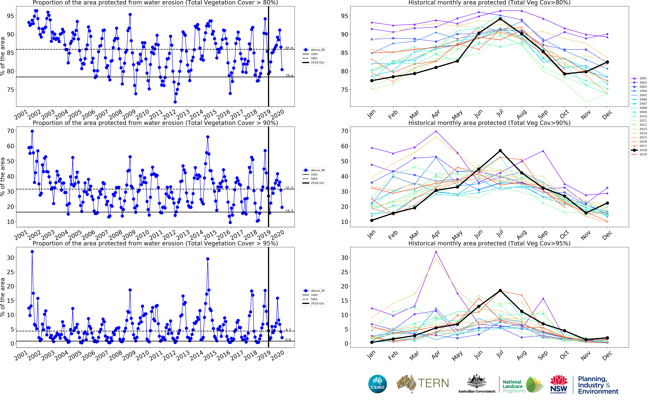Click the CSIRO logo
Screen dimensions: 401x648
point(377,384)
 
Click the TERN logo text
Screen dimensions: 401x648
point(433,383)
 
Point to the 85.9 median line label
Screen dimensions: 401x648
point(289,48)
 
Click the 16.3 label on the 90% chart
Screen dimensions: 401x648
point(289,211)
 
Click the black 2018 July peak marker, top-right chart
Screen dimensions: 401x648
point(500,19)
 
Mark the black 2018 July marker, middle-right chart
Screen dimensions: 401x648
point(500,151)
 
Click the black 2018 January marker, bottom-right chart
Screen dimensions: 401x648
point(372,342)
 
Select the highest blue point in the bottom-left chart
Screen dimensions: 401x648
point(32,252)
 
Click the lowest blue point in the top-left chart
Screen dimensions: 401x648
point(175,102)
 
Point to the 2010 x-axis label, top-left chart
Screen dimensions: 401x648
point(143,114)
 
